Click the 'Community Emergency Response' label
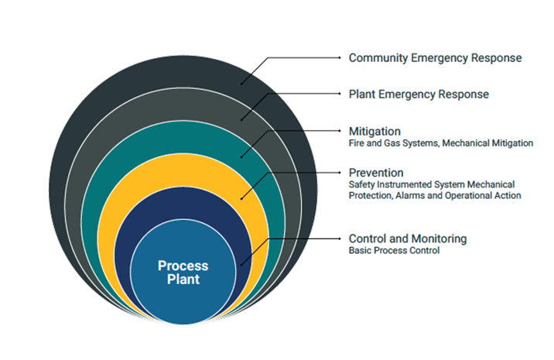pos(435,58)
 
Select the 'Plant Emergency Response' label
pos(419,94)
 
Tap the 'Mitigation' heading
pos(374,131)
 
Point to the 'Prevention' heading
pos(376,173)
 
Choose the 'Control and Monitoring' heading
pos(407,238)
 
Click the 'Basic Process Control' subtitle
pos(394,250)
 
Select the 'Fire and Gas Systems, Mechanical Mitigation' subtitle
pos(440,143)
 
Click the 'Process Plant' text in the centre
pos(183,273)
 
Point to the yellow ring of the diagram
pos(183,170)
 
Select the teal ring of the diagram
pos(183,137)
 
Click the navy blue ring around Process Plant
pos(183,203)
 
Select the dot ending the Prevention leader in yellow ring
pos(241,199)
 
